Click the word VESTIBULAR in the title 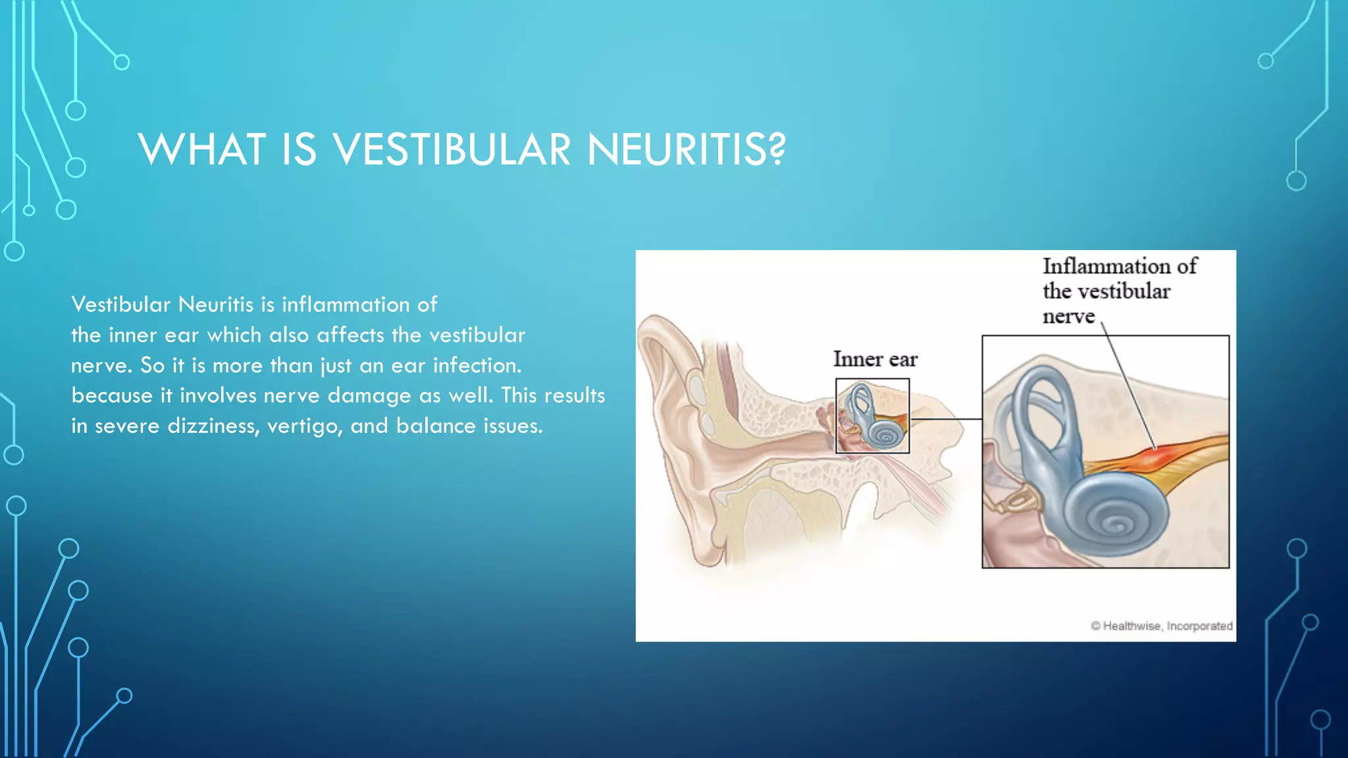(x=452, y=149)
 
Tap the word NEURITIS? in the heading (x=686, y=149)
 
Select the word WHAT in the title (x=202, y=149)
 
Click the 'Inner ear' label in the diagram (x=875, y=359)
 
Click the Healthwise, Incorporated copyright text (x=1162, y=626)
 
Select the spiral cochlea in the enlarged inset (x=1114, y=520)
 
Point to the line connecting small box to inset (x=945, y=418)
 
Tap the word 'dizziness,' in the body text (x=213, y=426)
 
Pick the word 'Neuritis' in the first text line (x=216, y=305)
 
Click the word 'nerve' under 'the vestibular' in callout (x=1068, y=316)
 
